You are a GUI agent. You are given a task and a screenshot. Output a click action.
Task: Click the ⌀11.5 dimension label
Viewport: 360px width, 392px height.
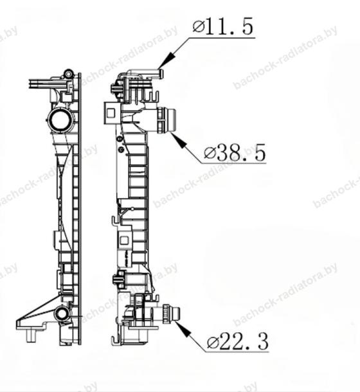223,26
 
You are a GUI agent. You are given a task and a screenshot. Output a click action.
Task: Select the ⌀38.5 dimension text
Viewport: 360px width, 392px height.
235,152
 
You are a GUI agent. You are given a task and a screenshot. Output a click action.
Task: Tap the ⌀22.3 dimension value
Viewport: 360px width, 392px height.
238,341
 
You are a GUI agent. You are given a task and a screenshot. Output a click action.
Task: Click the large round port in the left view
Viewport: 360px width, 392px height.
60,120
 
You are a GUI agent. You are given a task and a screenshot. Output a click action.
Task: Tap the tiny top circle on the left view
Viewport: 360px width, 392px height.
68,74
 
